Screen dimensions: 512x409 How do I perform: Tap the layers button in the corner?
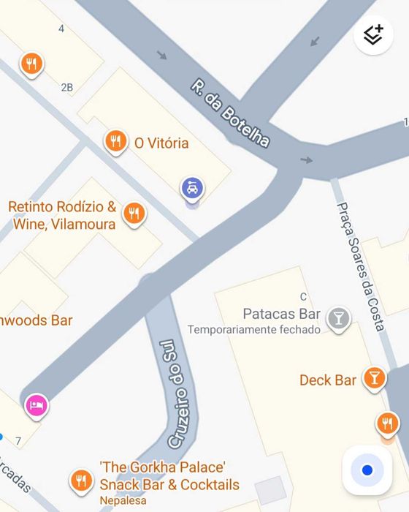pos(373,34)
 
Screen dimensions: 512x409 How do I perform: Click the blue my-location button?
pos(367,470)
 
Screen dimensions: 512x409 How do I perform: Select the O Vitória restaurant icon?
pos(115,141)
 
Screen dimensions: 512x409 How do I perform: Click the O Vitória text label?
pos(161,143)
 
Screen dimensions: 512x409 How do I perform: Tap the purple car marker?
pos(192,189)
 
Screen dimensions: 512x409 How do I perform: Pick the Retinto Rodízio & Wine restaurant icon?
pos(133,213)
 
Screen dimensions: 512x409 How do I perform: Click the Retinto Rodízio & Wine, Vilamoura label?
pos(62,216)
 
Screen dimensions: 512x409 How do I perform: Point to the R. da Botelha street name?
pos(230,113)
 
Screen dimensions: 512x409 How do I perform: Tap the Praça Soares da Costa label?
pos(360,266)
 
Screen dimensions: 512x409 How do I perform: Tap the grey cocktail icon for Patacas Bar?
pos(337,317)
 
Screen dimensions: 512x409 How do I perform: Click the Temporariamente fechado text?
pos(254,330)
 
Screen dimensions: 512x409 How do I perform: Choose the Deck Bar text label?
pos(328,380)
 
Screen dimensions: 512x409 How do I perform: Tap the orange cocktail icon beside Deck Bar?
pos(375,377)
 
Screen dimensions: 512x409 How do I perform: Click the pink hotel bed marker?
pos(37,404)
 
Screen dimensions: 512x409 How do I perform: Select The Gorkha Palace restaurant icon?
pos(81,481)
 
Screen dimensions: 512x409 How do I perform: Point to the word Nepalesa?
pos(123,500)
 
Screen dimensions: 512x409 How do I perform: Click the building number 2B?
pos(66,88)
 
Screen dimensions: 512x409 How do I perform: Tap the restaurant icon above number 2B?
pos(31,64)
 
